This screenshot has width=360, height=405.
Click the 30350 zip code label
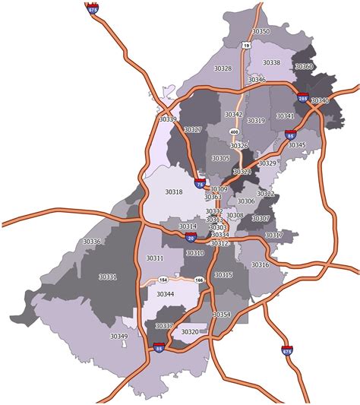click(261, 31)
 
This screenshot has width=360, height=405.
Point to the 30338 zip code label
click(271, 62)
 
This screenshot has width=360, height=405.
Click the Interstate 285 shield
click(302, 98)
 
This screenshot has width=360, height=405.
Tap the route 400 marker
click(234, 132)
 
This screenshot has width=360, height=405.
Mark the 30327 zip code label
click(193, 130)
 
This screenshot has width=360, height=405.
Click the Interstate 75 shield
click(200, 183)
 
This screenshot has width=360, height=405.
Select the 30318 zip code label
click(174, 192)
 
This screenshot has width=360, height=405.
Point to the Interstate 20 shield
click(190, 238)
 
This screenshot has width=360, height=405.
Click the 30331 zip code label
click(107, 277)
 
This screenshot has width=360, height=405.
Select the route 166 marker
click(200, 280)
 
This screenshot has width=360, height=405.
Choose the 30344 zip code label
click(165, 293)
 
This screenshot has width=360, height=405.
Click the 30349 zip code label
click(118, 336)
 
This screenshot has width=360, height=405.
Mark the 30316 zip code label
click(260, 264)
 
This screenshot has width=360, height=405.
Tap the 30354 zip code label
click(221, 315)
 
